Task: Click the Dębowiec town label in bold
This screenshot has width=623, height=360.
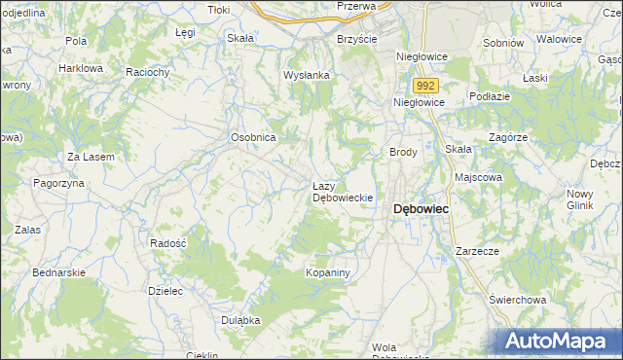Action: tap(421, 209)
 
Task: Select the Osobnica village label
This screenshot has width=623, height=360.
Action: tap(254, 138)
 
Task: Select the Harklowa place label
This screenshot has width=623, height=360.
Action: tap(81, 69)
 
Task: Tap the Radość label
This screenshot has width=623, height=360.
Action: tap(168, 242)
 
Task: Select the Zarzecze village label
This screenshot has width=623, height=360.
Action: tap(477, 250)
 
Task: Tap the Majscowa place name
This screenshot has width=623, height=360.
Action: tap(478, 178)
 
